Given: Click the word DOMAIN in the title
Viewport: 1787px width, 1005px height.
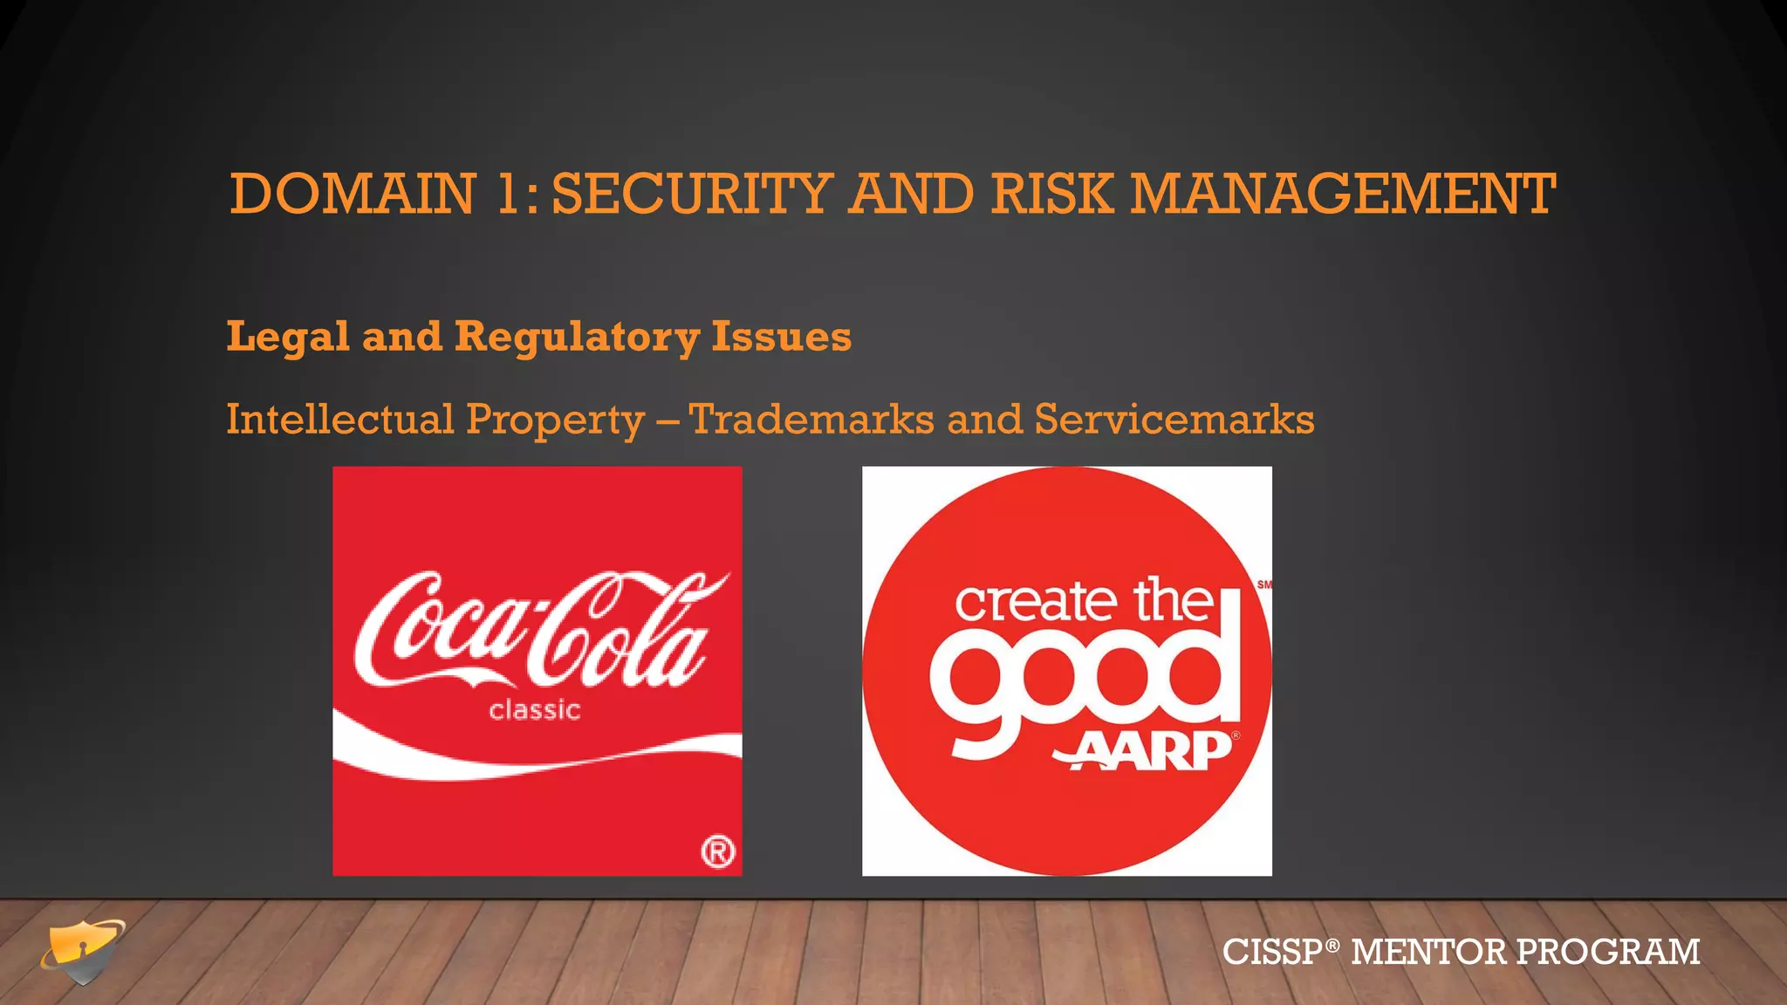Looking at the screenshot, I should (x=353, y=194).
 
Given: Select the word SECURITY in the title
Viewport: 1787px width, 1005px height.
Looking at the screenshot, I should (x=692, y=194).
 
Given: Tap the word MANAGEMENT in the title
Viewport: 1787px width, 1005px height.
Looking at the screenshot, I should (x=1343, y=194).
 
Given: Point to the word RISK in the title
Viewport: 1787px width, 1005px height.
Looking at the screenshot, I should (x=1052, y=194).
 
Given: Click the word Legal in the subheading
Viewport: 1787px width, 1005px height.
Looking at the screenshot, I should (x=288, y=337).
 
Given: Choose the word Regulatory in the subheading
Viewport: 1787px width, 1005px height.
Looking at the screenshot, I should (x=577, y=337).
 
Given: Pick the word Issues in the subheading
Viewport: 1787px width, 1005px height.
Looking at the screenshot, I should (x=781, y=337).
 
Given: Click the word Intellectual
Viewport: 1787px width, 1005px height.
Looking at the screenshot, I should (x=339, y=419).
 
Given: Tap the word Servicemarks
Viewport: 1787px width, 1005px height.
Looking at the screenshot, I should (x=1174, y=419).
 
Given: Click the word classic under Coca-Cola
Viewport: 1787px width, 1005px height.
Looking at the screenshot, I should (x=535, y=710).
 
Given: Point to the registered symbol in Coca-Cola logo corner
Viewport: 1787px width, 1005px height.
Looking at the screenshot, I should (x=718, y=851).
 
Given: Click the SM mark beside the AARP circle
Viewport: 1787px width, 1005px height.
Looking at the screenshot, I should (x=1263, y=585).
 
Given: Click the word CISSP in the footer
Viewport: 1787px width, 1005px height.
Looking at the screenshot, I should (x=1273, y=952).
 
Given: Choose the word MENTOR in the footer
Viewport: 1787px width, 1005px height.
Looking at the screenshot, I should (x=1428, y=952).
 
